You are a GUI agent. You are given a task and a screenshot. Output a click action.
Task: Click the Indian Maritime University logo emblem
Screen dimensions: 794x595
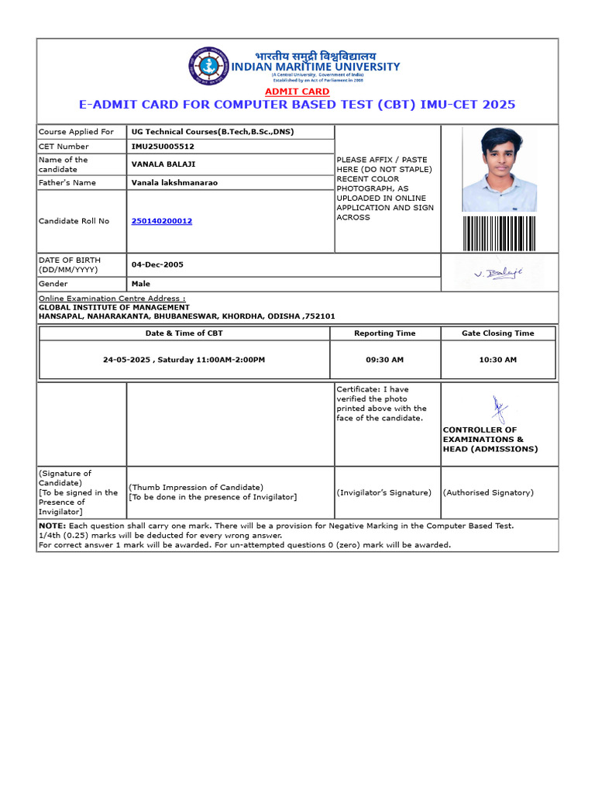pyautogui.click(x=209, y=66)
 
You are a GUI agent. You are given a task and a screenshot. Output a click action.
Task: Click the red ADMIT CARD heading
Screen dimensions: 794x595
pyautogui.click(x=297, y=91)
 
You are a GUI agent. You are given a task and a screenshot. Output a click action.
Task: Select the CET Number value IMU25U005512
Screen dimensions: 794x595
pyautogui.click(x=163, y=147)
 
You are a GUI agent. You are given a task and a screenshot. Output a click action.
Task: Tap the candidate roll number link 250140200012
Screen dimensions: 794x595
pyautogui.click(x=162, y=221)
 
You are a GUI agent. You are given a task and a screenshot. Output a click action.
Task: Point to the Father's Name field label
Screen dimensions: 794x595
pyautogui.click(x=67, y=183)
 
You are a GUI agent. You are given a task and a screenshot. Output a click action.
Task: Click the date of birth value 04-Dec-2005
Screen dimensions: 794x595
pyautogui.click(x=157, y=264)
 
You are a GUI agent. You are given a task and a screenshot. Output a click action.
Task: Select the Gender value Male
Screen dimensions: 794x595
pyautogui.click(x=141, y=284)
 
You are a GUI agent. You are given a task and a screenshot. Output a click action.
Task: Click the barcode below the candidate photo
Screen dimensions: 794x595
pyautogui.click(x=499, y=233)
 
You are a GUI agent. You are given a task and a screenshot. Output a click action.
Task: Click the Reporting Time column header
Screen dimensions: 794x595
pyautogui.click(x=384, y=333)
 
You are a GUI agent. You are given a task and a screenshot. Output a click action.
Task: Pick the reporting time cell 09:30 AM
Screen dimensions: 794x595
pyautogui.click(x=384, y=360)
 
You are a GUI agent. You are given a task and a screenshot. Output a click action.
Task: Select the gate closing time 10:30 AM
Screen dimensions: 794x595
pyautogui.click(x=497, y=360)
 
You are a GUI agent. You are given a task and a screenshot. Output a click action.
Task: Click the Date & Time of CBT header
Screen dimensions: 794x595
pyautogui.click(x=184, y=333)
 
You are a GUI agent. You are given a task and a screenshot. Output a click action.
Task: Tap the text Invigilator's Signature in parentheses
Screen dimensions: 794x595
pyautogui.click(x=383, y=492)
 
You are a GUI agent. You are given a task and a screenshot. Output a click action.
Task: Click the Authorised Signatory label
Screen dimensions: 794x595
pyautogui.click(x=488, y=492)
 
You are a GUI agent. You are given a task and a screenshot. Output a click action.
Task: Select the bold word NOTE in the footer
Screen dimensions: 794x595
pyautogui.click(x=52, y=526)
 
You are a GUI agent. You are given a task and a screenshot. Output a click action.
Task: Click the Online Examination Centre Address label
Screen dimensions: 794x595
pyautogui.click(x=112, y=299)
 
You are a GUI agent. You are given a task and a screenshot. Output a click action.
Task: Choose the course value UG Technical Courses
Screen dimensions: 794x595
pyautogui.click(x=212, y=132)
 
